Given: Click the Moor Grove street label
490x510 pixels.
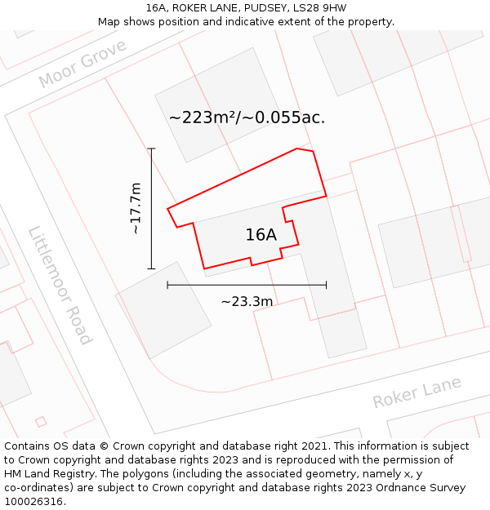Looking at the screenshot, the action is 82,64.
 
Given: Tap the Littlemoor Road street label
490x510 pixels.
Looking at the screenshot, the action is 60,285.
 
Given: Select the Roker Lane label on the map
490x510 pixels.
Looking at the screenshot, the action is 416,392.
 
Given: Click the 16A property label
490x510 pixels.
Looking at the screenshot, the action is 261,235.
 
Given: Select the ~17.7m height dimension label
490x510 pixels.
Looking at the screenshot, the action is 136,208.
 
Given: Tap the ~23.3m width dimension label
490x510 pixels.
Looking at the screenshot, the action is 247,302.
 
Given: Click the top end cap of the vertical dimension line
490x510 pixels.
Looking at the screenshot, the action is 151,149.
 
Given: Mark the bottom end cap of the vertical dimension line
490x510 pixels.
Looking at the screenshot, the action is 151,268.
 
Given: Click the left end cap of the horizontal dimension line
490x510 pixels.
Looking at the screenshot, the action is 167,285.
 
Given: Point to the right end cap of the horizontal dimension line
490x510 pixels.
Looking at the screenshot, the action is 326,285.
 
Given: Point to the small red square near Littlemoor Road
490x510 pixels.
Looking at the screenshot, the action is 41,421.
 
